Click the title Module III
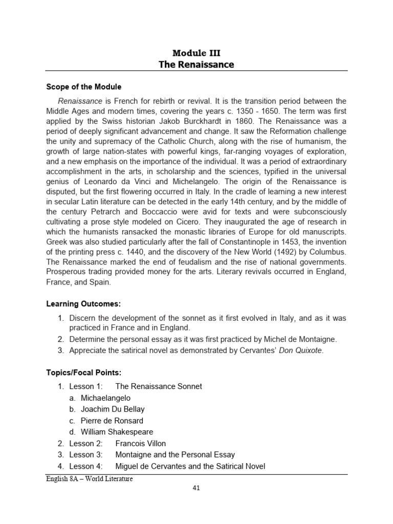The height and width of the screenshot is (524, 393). point(196,53)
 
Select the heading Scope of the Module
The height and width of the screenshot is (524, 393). point(84,86)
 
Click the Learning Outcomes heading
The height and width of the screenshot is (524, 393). point(84,303)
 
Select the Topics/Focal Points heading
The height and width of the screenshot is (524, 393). point(84,372)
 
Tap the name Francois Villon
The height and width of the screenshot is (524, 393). point(141,443)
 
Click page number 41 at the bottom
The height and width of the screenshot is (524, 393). point(196,488)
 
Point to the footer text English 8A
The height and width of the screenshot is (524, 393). point(60,478)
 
